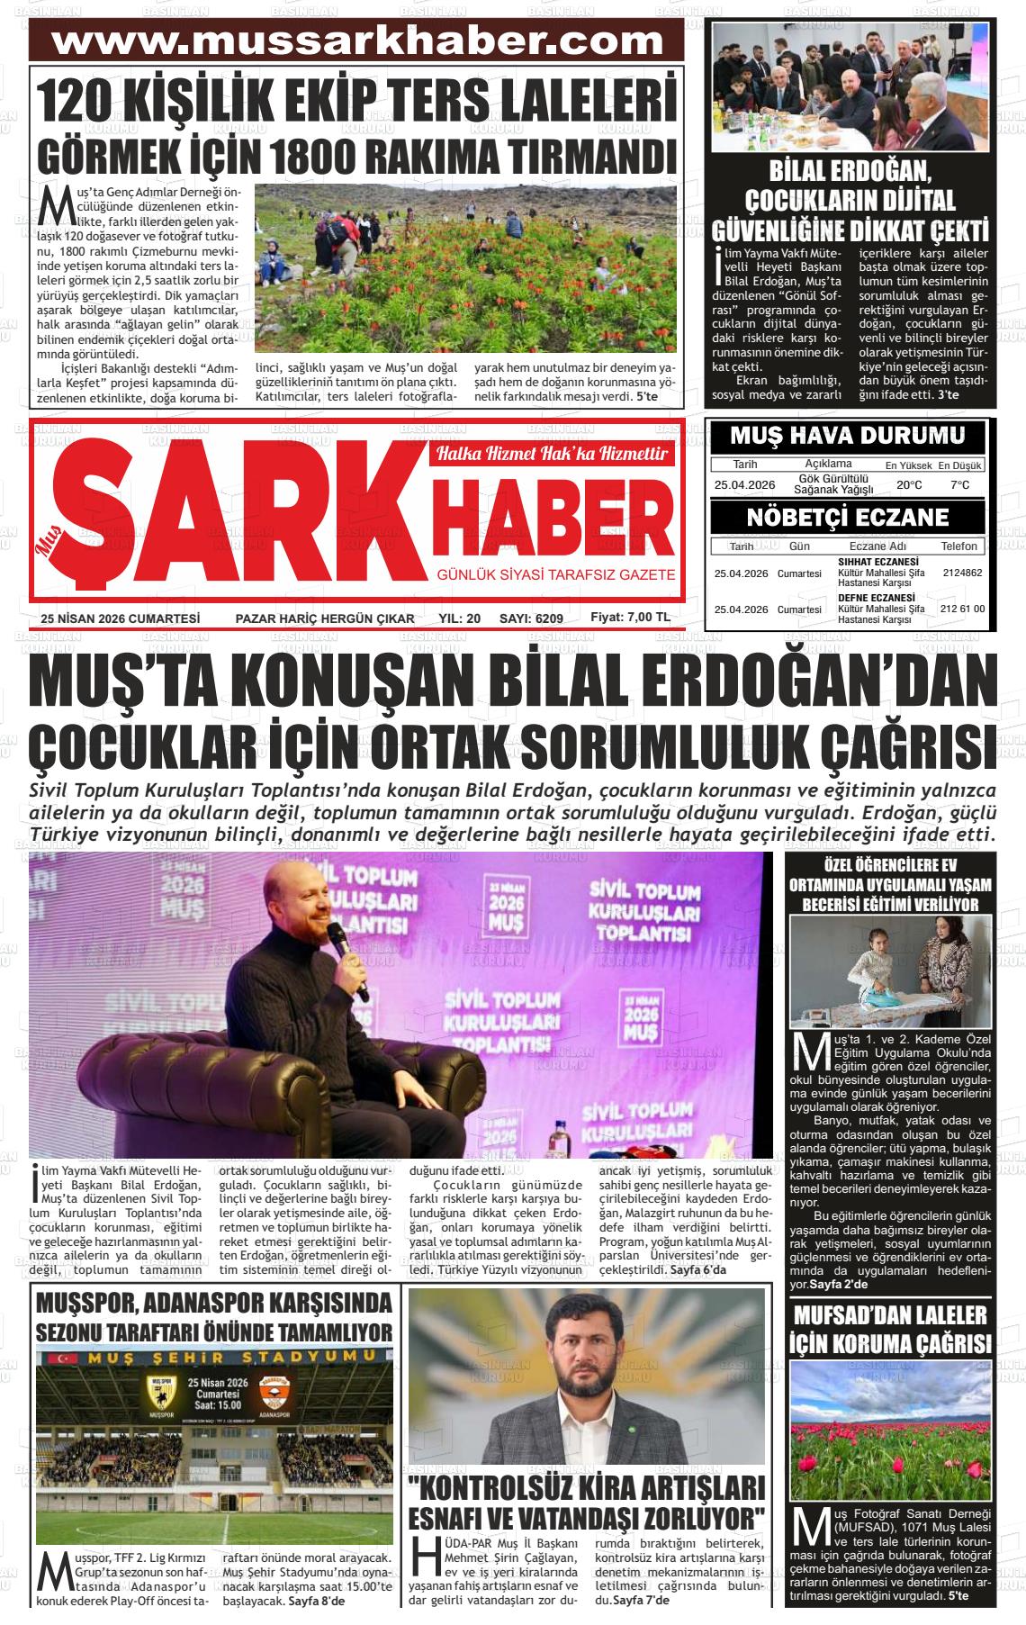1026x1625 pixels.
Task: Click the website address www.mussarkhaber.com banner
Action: (357, 41)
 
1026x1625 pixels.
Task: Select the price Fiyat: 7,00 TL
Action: (630, 617)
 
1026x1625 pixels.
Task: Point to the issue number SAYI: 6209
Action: (531, 618)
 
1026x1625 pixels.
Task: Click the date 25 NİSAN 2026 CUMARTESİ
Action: (120, 618)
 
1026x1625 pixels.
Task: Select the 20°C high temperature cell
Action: (909, 485)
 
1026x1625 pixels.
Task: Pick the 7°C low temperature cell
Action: (960, 485)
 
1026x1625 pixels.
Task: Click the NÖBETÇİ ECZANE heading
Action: (847, 518)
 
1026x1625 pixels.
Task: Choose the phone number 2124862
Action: (962, 573)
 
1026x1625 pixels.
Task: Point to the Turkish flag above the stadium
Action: (62, 1357)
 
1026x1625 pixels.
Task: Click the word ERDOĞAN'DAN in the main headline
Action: (805, 684)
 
